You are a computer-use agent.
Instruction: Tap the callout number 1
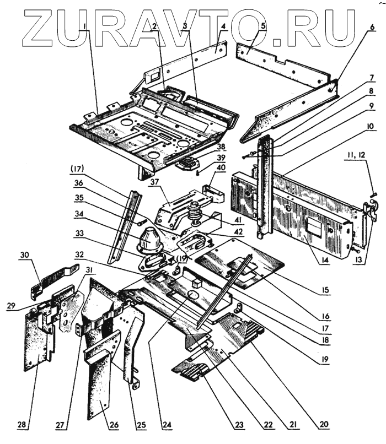pos(82,26)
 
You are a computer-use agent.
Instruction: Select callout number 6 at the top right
pos(371,26)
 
